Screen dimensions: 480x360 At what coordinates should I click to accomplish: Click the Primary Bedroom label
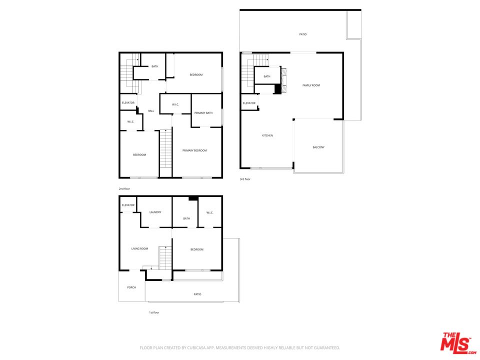[194, 150]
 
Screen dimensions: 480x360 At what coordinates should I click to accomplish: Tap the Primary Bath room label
[203, 113]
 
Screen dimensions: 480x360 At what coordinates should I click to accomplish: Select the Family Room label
[311, 85]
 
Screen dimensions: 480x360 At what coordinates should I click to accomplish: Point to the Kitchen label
[267, 135]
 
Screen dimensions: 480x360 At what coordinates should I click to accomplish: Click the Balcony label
[318, 147]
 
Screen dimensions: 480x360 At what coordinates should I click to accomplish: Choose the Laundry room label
[155, 212]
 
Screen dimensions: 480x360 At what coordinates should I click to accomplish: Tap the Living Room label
[139, 248]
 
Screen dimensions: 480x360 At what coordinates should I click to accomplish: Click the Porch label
[131, 287]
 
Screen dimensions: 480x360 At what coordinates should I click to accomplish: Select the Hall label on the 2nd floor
[151, 111]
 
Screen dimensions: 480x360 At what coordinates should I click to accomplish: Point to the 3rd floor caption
[245, 179]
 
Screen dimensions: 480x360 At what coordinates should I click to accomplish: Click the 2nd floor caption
[124, 189]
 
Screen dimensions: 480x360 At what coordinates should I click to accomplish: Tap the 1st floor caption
[154, 312]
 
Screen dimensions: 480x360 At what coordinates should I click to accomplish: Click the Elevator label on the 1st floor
[128, 205]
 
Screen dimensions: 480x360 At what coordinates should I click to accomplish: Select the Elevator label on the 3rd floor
[249, 103]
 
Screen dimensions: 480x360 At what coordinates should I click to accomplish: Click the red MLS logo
[458, 342]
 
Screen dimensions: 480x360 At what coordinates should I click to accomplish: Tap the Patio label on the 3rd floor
[303, 34]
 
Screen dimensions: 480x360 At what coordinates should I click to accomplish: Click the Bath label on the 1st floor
[186, 218]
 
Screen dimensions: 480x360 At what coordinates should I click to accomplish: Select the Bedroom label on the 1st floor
[197, 249]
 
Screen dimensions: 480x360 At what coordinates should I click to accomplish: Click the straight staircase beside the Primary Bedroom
[165, 148]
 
